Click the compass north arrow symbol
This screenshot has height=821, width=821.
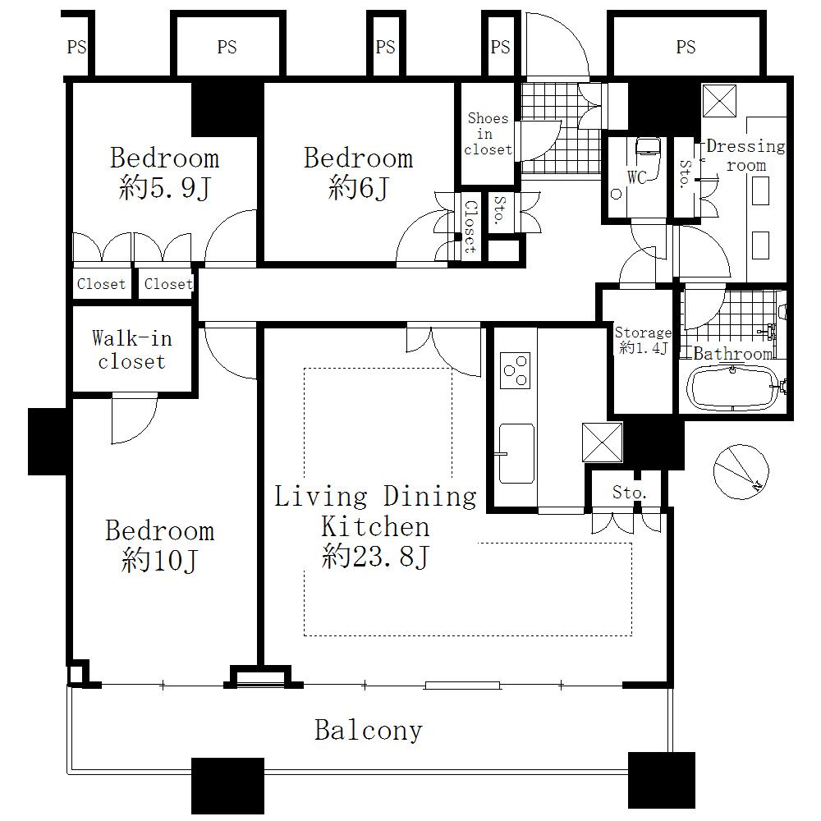[x=736, y=471]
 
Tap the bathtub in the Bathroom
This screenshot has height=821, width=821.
[x=731, y=388]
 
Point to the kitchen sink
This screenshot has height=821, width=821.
[x=516, y=452]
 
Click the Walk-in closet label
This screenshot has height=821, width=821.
[x=131, y=350]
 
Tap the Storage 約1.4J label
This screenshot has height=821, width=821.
[x=643, y=341]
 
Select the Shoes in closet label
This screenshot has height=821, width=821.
[x=488, y=134]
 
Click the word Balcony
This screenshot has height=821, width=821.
[x=369, y=730]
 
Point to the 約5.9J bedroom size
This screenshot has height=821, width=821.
[x=164, y=190]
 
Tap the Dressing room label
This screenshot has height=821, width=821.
[x=745, y=155]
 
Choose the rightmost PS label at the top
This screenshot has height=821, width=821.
[x=686, y=48]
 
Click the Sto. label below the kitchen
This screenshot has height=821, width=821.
[x=630, y=493]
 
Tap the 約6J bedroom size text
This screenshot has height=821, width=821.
[x=358, y=190]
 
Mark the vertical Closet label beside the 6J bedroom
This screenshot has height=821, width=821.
[x=470, y=226]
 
